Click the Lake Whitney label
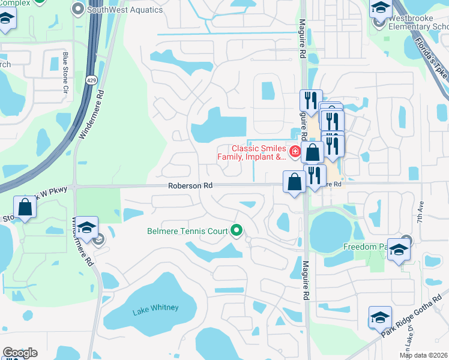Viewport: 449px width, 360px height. pyautogui.click(x=155, y=308)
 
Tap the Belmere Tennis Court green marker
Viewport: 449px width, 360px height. pyautogui.click(x=237, y=230)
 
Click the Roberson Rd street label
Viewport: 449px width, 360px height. pyautogui.click(x=191, y=186)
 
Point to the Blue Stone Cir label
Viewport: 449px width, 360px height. pyautogui.click(x=65, y=74)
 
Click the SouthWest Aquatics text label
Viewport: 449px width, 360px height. pyautogui.click(x=125, y=10)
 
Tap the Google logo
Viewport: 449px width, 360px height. pyautogui.click(x=20, y=353)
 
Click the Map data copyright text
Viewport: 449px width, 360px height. pyautogui.click(x=423, y=355)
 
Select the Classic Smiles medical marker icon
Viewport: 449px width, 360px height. pyautogui.click(x=295, y=152)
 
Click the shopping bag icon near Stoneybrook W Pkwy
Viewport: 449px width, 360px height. pyautogui.click(x=25, y=206)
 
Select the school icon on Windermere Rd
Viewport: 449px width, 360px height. pyautogui.click(x=87, y=227)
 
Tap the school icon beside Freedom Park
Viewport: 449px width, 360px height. pyautogui.click(x=398, y=249)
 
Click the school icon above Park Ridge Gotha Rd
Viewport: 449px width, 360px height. pyautogui.click(x=379, y=316)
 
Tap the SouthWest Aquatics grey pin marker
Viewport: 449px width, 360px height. pyautogui.click(x=78, y=9)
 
